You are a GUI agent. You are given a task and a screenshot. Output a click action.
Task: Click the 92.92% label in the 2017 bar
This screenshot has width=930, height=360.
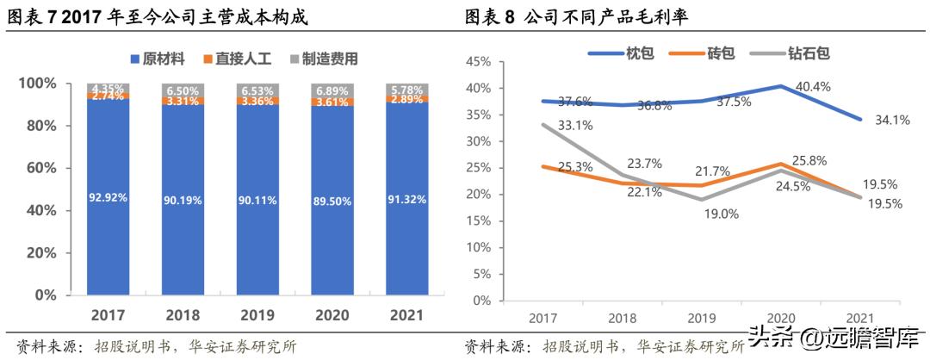point(108,197)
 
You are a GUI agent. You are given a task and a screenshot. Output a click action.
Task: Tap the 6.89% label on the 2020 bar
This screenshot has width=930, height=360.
point(336,90)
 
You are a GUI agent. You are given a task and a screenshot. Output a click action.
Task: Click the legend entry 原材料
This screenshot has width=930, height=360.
point(158,59)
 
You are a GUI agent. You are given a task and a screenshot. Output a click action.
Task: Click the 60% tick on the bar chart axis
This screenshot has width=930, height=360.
point(38,168)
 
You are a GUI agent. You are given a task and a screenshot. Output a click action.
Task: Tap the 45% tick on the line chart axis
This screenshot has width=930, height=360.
point(479,62)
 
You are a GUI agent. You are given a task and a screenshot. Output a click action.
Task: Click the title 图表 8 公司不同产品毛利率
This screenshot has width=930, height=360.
point(594,16)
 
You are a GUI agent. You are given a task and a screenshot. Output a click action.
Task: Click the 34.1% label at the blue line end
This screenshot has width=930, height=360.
point(892,121)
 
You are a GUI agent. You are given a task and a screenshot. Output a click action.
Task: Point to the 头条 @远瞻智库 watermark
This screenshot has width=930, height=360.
point(834,338)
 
